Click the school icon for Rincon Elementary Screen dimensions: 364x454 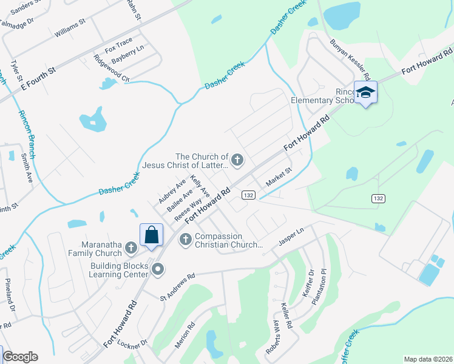(365, 92)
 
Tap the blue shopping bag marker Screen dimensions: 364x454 (151, 234)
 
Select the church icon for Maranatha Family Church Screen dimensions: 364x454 (131, 247)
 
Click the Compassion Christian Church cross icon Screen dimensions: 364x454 (186, 240)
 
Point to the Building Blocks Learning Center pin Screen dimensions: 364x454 (158, 270)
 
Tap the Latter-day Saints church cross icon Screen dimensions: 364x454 (237, 160)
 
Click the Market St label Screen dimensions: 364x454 (279, 177)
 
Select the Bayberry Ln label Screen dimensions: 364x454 (129, 53)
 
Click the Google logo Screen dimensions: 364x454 (20, 357)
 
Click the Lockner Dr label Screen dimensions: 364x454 (135, 344)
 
